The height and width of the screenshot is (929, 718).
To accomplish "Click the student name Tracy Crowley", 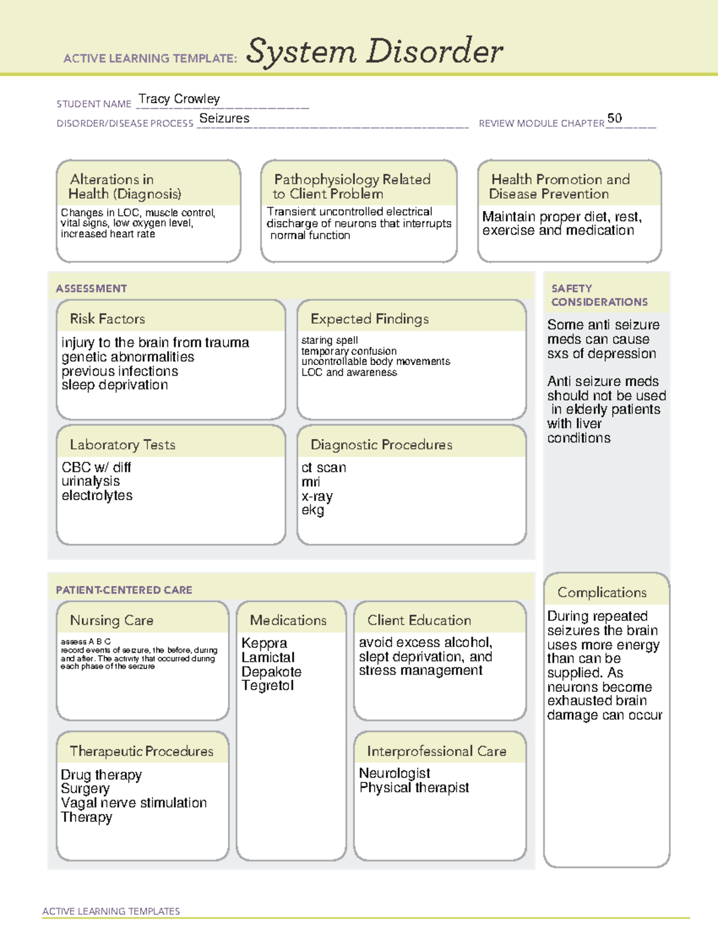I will pyautogui.click(x=179, y=99).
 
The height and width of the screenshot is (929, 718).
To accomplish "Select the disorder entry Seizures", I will pyautogui.click(x=224, y=118).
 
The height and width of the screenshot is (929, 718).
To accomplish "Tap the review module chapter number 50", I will pyautogui.click(x=614, y=118).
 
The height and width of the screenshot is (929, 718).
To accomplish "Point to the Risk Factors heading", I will pyautogui.click(x=107, y=319).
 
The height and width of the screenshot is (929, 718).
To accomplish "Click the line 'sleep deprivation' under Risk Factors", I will pyautogui.click(x=114, y=385).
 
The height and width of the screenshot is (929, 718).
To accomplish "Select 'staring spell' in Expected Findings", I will pyautogui.click(x=330, y=340).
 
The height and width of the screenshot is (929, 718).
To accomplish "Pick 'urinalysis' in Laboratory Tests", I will pyautogui.click(x=90, y=482).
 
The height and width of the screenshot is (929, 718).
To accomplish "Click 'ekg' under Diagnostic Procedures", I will pyautogui.click(x=312, y=510).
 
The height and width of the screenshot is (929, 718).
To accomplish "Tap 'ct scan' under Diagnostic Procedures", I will pyautogui.click(x=324, y=468).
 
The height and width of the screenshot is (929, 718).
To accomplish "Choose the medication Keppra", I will pyautogui.click(x=264, y=643).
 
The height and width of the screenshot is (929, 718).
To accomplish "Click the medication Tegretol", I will pyautogui.click(x=267, y=686).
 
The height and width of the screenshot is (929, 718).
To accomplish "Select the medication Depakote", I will pyautogui.click(x=271, y=672).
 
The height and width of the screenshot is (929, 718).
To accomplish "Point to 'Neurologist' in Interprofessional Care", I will pyautogui.click(x=394, y=773).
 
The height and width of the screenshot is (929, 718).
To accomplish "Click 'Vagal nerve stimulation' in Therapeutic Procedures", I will pyautogui.click(x=133, y=803).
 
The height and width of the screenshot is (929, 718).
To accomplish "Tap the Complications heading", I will pyautogui.click(x=602, y=592).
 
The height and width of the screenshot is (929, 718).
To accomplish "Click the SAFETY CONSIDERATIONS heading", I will pyautogui.click(x=599, y=296).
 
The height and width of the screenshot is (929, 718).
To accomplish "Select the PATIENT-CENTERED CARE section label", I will pyautogui.click(x=124, y=590).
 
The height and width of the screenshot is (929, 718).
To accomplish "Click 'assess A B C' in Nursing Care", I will pyautogui.click(x=86, y=641).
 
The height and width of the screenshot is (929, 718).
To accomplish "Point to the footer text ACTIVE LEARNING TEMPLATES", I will pyautogui.click(x=111, y=911).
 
